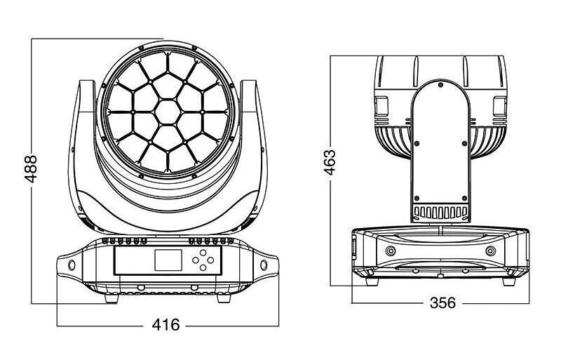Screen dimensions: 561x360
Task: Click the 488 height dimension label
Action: [31, 168]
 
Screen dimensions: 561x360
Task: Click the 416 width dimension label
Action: [166, 325]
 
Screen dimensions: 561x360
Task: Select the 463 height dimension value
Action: [330, 162]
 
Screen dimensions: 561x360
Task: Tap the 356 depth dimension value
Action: [442, 303]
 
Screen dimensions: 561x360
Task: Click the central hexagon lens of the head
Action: [168, 112]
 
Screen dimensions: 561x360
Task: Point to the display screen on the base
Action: [168, 260]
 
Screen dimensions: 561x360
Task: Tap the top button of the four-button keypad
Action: [203, 252]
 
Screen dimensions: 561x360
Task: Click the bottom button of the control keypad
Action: [203, 267]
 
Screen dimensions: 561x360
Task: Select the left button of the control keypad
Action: [196, 260]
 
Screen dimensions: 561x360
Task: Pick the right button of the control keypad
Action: [211, 260]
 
